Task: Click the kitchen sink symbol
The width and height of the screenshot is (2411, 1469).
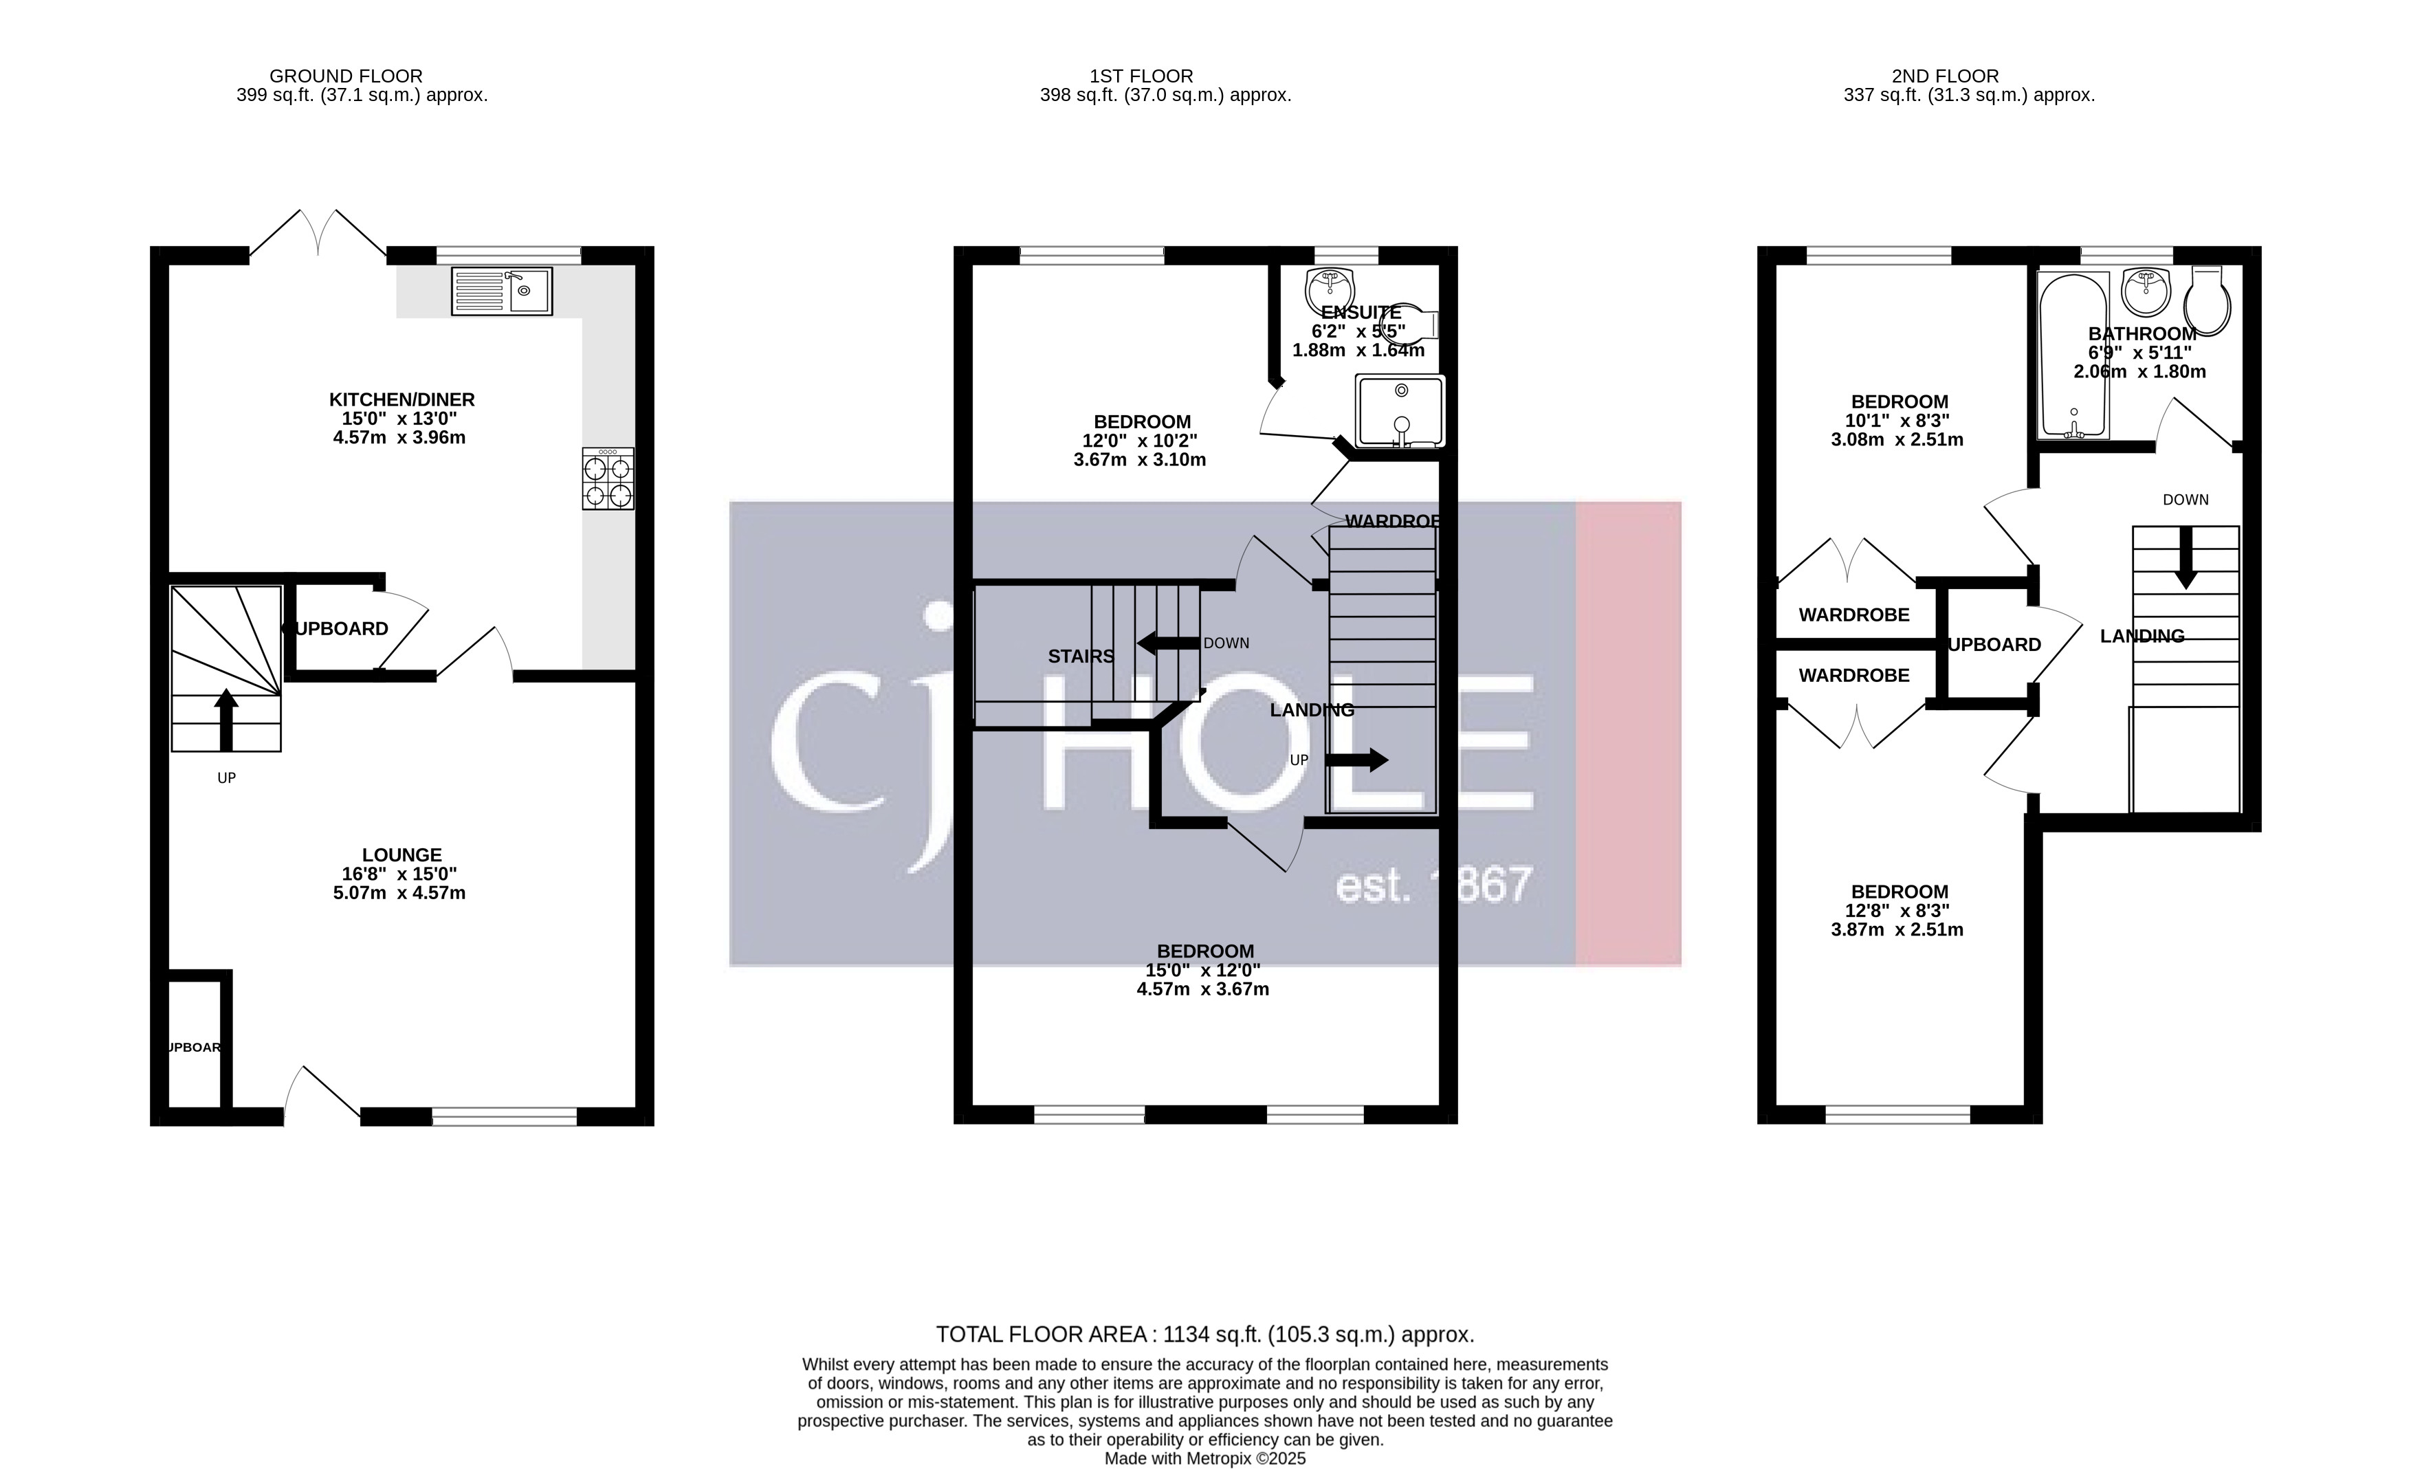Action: coord(502,291)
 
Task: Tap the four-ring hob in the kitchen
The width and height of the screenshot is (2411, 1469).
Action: coord(608,478)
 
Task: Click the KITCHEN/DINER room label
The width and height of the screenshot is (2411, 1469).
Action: coord(401,399)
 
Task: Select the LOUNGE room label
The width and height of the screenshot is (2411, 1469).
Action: coord(401,854)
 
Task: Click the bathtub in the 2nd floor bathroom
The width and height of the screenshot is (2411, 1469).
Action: coord(2073,355)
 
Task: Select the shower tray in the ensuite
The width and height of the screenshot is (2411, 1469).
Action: coord(1399,411)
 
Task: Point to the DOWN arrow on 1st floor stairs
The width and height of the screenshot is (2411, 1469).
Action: coord(1167,643)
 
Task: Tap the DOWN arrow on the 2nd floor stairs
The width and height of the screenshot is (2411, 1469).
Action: coord(2185,558)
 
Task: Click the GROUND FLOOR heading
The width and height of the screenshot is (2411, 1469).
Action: coord(345,76)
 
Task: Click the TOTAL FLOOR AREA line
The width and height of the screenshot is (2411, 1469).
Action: coord(1204,1334)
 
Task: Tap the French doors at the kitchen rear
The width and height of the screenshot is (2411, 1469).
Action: coord(318,235)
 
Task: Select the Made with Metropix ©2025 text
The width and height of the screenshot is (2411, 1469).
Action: coord(1204,1458)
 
